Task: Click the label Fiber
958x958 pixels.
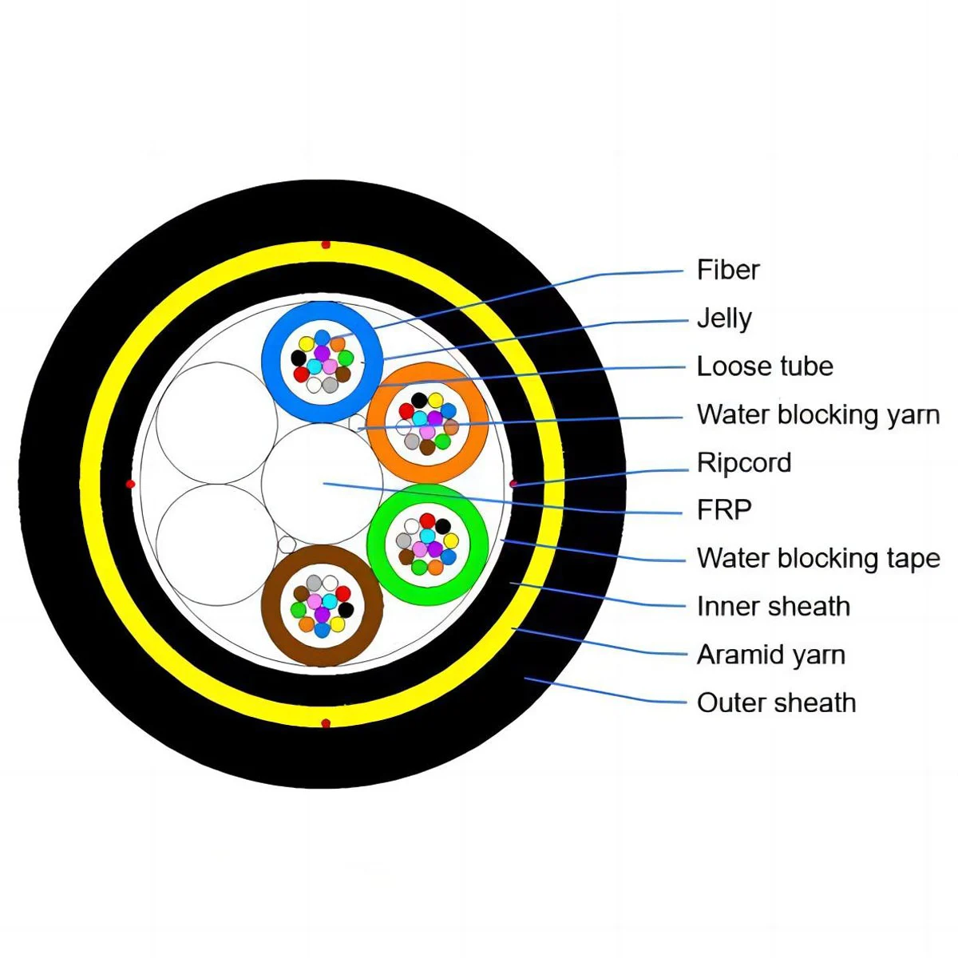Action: click(x=727, y=270)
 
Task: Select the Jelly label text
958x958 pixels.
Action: click(x=723, y=318)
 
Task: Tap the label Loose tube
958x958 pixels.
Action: click(x=764, y=366)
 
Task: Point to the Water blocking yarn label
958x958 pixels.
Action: click(x=817, y=414)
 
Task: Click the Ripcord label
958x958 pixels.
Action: click(x=743, y=462)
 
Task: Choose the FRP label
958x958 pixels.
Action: click(x=723, y=510)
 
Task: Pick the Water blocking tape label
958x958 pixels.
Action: click(x=817, y=558)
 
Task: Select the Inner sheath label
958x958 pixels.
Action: click(x=773, y=607)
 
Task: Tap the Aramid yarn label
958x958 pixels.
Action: click(x=770, y=655)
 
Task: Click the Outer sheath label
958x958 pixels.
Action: click(x=776, y=703)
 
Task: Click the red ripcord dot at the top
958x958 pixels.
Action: click(x=325, y=244)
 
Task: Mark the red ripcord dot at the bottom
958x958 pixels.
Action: click(x=325, y=723)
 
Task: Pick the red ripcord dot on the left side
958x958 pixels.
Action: click(x=131, y=484)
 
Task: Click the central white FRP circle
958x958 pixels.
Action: click(x=323, y=484)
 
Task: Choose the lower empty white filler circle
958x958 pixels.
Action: click(x=216, y=544)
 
